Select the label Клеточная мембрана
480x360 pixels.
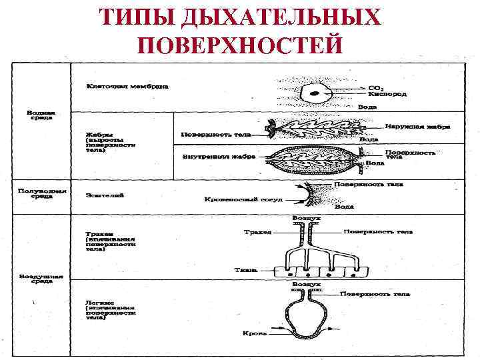click(x=127, y=86)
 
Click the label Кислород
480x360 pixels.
click(x=387, y=95)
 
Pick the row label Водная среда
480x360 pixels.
click(x=41, y=115)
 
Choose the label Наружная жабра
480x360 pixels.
click(x=417, y=126)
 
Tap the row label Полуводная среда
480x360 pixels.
click(x=41, y=193)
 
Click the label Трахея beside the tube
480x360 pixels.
click(x=258, y=232)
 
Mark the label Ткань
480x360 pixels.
click(x=242, y=271)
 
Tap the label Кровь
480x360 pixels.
click(x=254, y=332)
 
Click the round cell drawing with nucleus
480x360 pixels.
click(x=314, y=93)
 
